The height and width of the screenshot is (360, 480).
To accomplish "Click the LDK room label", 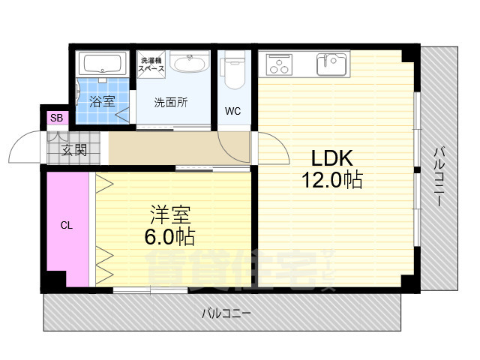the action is tap(331, 158).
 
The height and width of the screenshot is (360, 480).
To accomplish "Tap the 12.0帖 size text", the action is tap(332, 180).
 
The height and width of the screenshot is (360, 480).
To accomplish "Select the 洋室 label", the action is tap(170, 215).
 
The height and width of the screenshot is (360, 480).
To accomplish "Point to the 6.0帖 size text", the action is tap(169, 237).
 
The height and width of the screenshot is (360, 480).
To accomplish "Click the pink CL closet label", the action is tap(67, 226).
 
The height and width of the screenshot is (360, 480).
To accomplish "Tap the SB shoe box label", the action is tap(57, 118).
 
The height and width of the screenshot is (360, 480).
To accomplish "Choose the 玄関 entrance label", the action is tap(74, 150).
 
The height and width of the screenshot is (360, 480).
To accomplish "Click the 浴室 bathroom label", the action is tap(102, 101).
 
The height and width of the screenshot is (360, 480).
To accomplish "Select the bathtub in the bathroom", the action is tap(102, 64).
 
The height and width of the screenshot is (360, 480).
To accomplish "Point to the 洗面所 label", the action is tap(171, 103).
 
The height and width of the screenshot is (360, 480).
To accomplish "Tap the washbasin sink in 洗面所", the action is tap(190, 63).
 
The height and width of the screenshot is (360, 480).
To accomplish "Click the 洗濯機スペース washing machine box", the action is tap(151, 65).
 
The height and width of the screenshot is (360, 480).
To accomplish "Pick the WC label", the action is tap(233, 111).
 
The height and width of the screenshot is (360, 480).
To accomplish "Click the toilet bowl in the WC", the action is tap(234, 73).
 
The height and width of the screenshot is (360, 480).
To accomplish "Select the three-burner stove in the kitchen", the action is tap(279, 65).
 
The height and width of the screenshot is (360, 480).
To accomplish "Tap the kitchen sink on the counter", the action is tap(331, 64).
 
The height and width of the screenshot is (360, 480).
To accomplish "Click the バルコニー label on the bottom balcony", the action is tap(226, 313).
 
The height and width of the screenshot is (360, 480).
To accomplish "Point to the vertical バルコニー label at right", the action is tap(439, 177).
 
